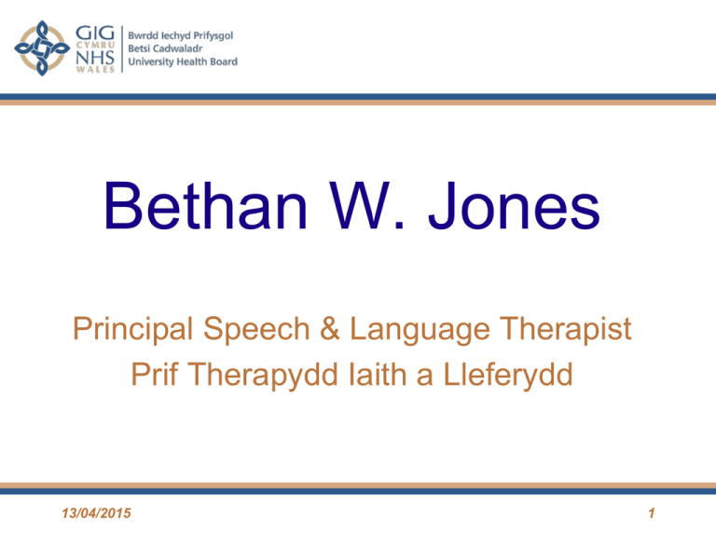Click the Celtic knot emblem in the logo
coord(42,48)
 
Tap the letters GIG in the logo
coord(95,33)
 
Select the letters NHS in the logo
coord(95,58)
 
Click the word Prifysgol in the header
coord(213,35)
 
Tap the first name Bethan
coord(205,206)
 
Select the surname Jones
coord(514,206)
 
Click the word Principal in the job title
coord(133,330)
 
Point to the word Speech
coord(256,330)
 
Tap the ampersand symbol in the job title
coord(330,329)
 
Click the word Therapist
coord(565,330)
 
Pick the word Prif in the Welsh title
coord(155,375)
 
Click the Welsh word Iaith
coord(378,375)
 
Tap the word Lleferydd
coord(508,376)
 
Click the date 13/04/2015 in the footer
coord(96,514)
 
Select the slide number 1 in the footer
coord(652,514)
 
